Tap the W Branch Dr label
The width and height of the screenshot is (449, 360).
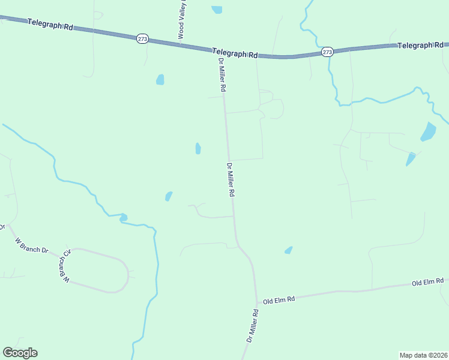coord(32,245)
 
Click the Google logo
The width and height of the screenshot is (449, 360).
coord(20,353)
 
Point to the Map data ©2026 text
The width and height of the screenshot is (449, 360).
coord(423,355)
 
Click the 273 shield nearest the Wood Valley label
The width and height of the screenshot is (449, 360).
coord(142,39)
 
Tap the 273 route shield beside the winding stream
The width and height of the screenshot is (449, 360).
coord(327,52)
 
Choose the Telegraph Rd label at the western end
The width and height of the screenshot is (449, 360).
coord(50,25)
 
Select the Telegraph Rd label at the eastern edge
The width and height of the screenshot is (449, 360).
coord(420,45)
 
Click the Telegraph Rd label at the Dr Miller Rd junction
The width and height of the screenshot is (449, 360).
coord(235,53)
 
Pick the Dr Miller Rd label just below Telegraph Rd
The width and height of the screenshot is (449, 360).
coord(221,74)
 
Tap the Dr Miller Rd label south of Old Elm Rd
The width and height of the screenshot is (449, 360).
coord(252,325)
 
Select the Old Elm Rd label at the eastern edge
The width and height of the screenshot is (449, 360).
coord(427,281)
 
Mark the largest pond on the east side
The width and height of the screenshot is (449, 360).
coord(429,131)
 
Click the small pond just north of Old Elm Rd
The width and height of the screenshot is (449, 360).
coord(289,250)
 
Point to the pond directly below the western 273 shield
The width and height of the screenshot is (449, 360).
coord(160,79)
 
